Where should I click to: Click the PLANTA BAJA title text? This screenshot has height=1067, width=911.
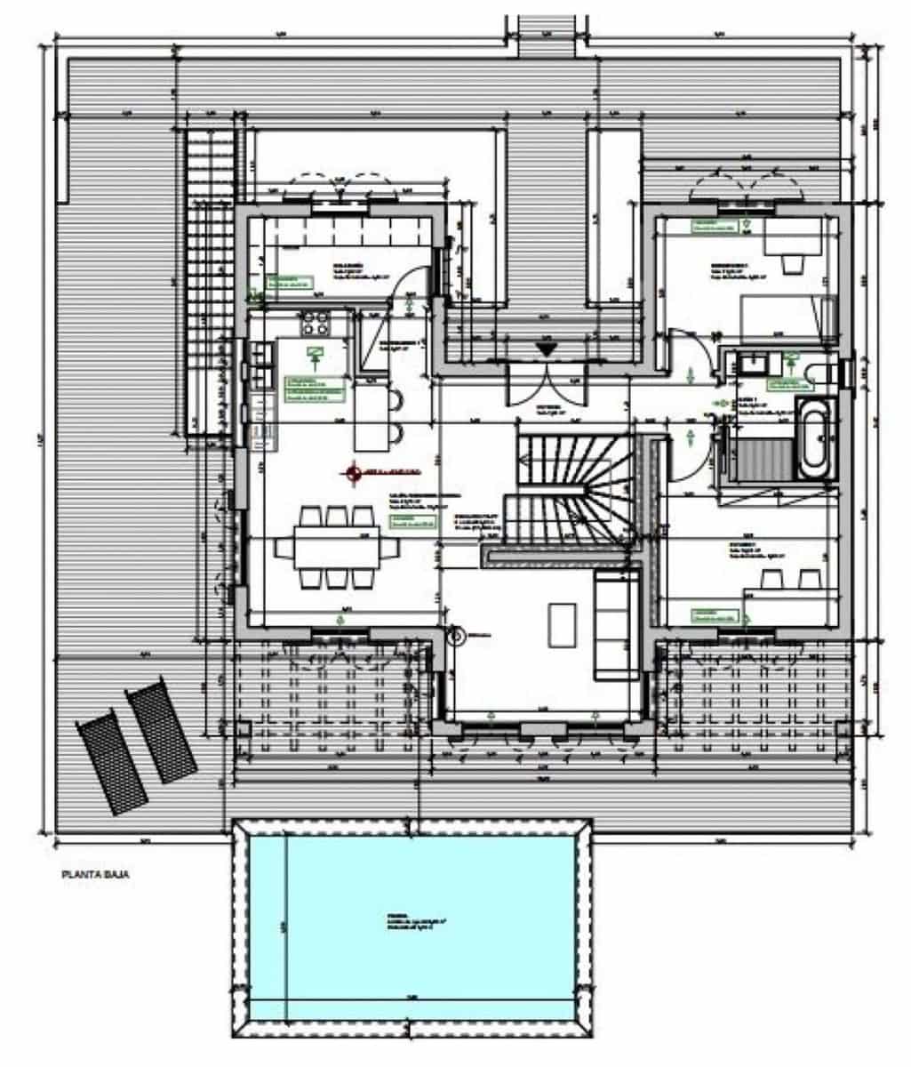96,875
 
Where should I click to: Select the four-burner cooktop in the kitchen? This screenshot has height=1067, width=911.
315,322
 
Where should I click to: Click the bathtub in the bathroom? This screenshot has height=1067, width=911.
815,437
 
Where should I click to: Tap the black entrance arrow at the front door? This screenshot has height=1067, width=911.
546,349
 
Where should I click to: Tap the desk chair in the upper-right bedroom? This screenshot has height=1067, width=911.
791,262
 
